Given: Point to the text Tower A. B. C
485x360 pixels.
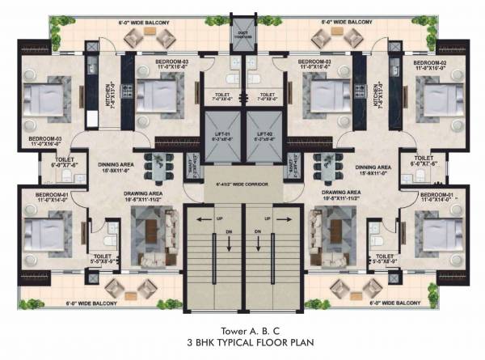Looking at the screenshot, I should pos(242,330).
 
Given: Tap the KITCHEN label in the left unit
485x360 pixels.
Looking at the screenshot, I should pos(108,96).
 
